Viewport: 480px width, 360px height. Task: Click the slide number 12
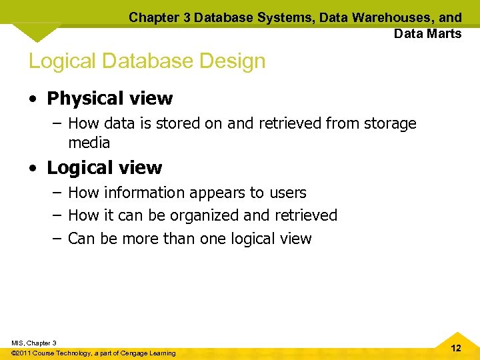456,349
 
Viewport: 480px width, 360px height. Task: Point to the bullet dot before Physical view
33,99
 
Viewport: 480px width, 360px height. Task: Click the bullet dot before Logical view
33,168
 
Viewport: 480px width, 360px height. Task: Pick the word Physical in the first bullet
79,99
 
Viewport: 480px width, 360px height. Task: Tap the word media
89,143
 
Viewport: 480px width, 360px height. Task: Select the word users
287,193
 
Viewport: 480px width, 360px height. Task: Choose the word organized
206,215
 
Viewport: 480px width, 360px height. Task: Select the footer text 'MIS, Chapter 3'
33,343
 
